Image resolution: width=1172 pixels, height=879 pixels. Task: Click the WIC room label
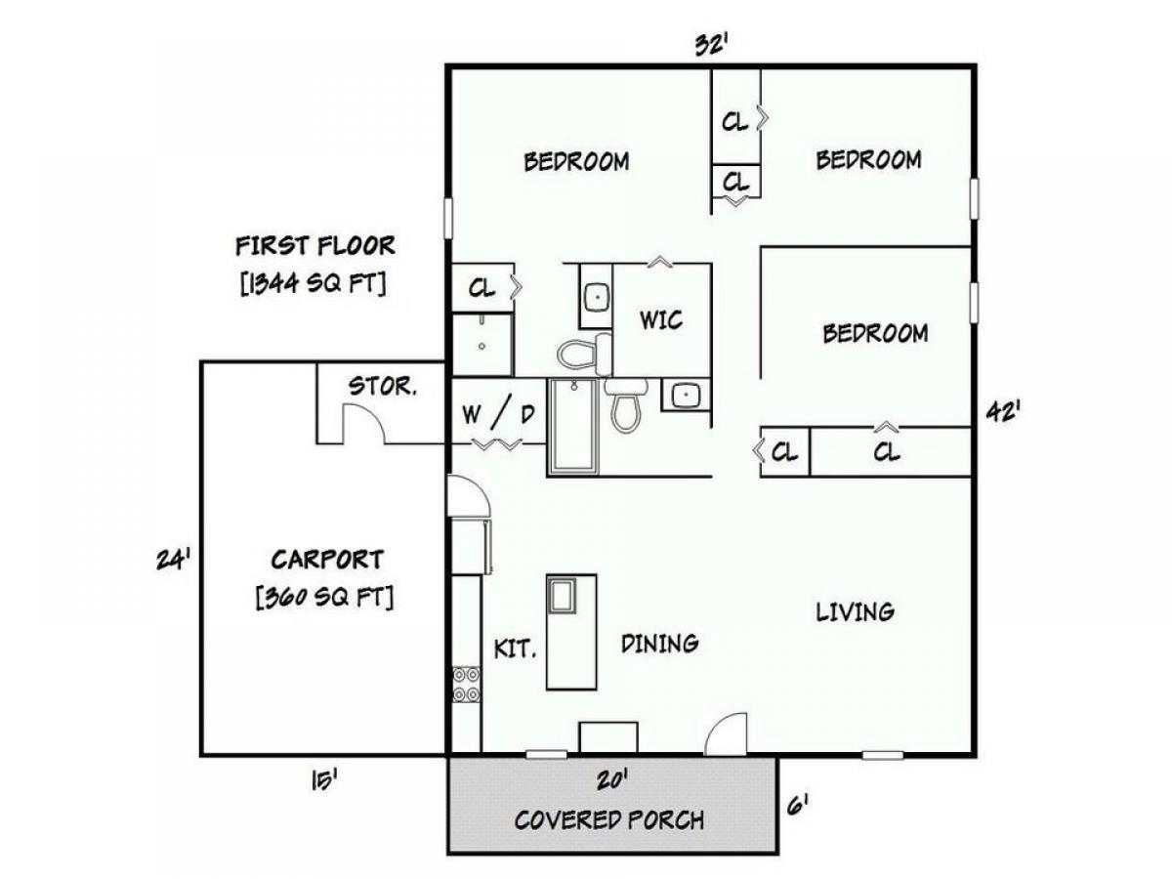point(661,319)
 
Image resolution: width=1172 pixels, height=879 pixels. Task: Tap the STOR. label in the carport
point(382,386)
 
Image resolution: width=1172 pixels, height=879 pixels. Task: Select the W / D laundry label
point(498,413)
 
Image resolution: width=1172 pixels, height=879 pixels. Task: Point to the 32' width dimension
point(712,45)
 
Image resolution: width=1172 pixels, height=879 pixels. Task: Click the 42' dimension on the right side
point(1003,411)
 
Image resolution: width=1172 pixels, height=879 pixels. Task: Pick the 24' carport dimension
point(173,560)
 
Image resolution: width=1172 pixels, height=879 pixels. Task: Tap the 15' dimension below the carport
point(324,781)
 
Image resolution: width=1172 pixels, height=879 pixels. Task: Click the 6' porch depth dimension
point(797,804)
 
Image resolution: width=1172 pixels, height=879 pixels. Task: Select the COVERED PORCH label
point(609,819)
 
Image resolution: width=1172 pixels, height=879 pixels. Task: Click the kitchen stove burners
point(466,685)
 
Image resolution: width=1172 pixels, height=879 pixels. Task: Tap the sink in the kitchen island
point(562,595)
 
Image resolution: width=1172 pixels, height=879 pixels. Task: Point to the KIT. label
point(516,649)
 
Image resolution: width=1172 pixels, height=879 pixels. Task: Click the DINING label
point(660,643)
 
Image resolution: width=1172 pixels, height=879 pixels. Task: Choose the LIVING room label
point(856,611)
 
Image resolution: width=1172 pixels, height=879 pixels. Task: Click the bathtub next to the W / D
point(573,426)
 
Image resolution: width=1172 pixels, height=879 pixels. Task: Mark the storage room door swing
point(362,423)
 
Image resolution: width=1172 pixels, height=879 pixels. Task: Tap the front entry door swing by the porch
point(727,734)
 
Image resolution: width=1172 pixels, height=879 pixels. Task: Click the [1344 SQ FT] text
point(314,283)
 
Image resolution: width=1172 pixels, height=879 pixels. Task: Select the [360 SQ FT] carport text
point(324,597)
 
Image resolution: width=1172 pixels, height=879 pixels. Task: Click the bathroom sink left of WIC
point(597,296)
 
